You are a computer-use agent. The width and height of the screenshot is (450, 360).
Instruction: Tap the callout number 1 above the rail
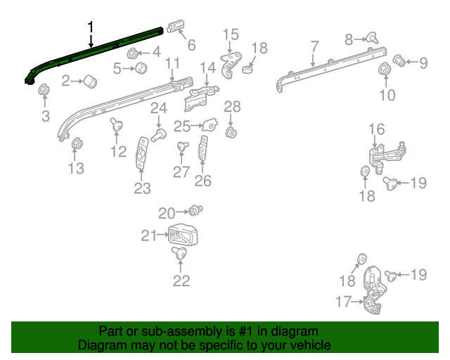coord(90,27)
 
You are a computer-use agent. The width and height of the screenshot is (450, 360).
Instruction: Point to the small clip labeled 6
coord(175,27)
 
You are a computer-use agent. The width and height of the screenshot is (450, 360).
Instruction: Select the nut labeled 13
coord(77,145)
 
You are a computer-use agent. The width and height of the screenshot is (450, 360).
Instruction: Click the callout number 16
coord(377,129)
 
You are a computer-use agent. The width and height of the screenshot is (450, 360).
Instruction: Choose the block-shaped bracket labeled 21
coord(182,235)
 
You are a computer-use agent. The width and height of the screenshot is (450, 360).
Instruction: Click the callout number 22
coord(181,282)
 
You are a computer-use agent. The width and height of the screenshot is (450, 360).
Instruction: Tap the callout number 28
coord(232,107)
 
